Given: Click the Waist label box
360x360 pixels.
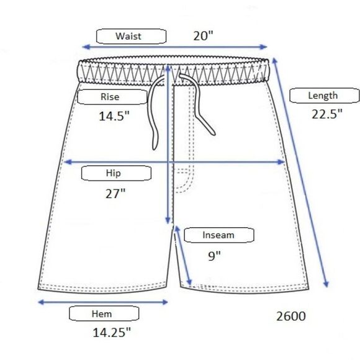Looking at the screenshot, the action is point(131,36).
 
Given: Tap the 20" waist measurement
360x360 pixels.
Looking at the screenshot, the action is point(203,36).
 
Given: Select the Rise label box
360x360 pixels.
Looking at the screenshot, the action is point(112,97).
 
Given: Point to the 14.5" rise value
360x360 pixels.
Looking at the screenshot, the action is point(114,116).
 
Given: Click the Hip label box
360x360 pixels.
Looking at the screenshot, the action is point(116,173).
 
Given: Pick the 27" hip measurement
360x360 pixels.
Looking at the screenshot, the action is point(115,194).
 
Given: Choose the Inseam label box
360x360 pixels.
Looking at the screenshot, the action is point(219,235).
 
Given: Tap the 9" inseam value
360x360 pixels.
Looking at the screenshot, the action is point(214,256).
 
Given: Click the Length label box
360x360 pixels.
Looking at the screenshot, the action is point(325,96).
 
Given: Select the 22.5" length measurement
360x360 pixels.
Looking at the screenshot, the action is point(327,114).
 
